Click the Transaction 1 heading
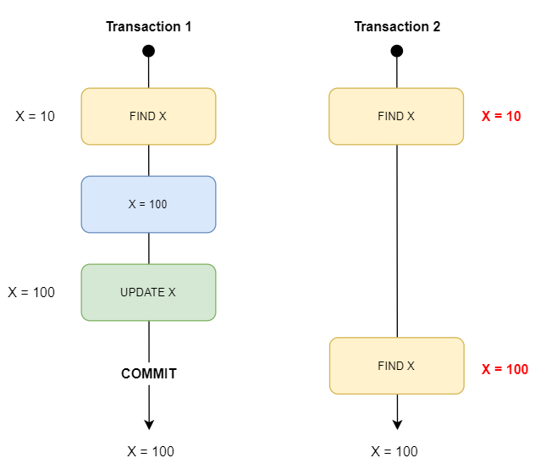click(148, 26)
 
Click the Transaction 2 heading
click(397, 26)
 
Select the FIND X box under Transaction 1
click(148, 116)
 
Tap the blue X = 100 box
click(148, 204)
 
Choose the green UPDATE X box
click(148, 292)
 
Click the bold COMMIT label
click(149, 373)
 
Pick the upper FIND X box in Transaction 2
click(396, 116)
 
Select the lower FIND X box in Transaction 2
click(396, 366)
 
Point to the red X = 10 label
click(501, 116)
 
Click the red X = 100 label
click(505, 369)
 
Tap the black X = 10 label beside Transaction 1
click(35, 116)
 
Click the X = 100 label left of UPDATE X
click(31, 292)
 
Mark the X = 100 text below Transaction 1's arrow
click(149, 451)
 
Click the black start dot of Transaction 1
click(149, 51)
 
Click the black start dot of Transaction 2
click(397, 51)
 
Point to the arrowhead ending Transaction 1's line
click(149, 424)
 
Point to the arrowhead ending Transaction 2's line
click(397, 424)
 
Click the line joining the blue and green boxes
click(149, 248)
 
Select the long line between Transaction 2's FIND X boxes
click(397, 241)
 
